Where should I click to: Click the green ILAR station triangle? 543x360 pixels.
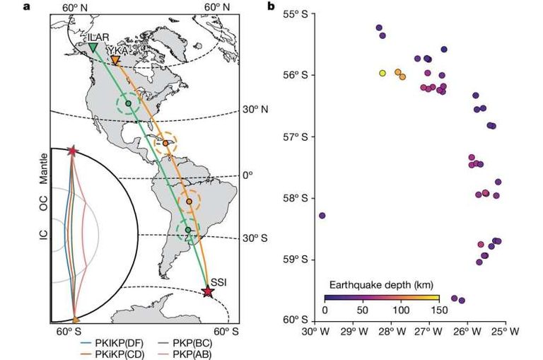[93, 47]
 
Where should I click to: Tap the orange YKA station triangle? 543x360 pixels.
[115, 61]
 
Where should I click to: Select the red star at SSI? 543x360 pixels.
[207, 291]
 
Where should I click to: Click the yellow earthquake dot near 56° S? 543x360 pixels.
[383, 73]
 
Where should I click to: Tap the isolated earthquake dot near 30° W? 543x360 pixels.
[322, 215]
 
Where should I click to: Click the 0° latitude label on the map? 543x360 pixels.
[245, 175]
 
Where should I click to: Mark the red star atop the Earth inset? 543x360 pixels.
[72, 151]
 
